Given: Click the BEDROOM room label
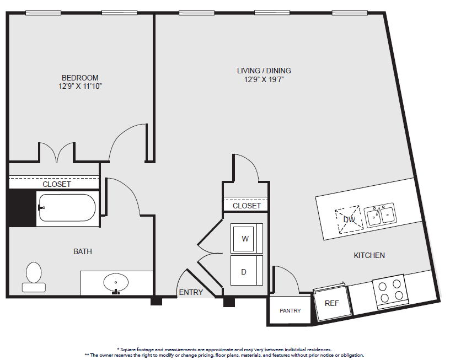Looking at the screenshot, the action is pos(80,78).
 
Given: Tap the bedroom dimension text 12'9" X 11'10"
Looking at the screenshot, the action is pos(80,86).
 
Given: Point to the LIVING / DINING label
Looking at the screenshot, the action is pos(264,71).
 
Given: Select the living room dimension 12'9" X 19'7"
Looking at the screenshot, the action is pos(264,79).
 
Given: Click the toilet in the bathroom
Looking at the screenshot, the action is pos(34,277).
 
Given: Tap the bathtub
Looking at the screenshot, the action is pos(67,208).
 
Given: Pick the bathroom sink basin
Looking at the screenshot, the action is pos(116,283).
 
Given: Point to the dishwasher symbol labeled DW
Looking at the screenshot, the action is pos(349,219).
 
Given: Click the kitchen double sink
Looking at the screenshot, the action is pos(381,215).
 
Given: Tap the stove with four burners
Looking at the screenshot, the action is pos(390,291).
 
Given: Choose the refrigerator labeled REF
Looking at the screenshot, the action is pos(332,303).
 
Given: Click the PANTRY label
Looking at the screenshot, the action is pos(290,311).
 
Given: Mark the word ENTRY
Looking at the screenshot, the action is pos(191,292).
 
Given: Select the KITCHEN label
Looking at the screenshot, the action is pos(369,255).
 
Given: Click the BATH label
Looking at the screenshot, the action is pos(83,251).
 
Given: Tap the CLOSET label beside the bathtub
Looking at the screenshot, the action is pos(57,184).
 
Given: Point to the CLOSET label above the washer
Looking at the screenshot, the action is pos(247,206).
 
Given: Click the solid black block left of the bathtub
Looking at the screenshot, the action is pos(23,208).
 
